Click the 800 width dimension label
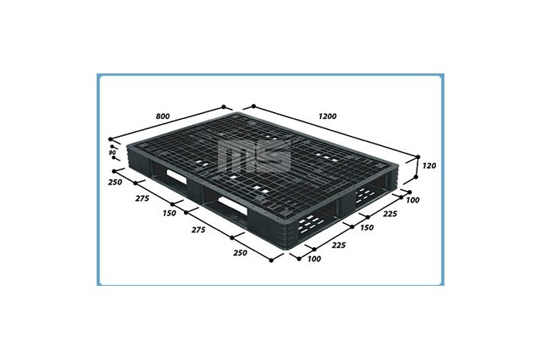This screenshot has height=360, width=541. pyautogui.click(x=163, y=116)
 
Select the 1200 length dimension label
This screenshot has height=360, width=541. pyautogui.click(x=327, y=116)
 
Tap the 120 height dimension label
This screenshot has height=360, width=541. pyautogui.click(x=429, y=166)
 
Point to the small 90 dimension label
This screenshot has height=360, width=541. pyautogui.click(x=112, y=152)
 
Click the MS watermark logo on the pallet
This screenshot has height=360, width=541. pyautogui.click(x=255, y=155)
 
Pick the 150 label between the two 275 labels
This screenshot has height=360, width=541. pyautogui.click(x=169, y=213)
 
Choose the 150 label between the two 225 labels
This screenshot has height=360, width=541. pyautogui.click(x=366, y=228)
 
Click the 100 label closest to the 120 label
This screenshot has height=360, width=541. pyautogui.click(x=413, y=200)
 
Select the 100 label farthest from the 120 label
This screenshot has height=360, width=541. pyautogui.click(x=314, y=259)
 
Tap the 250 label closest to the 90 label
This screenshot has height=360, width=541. pyautogui.click(x=115, y=182)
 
